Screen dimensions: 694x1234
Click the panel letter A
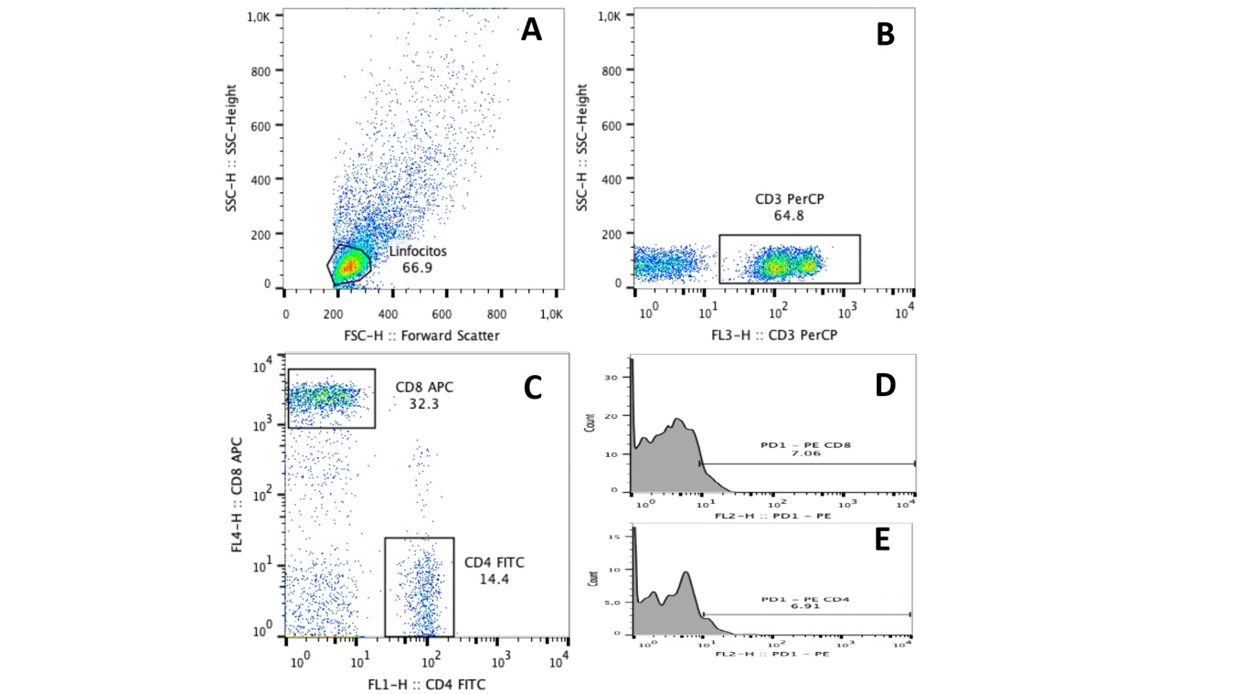531,31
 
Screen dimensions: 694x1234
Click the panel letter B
885,35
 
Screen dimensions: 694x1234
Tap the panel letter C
533,388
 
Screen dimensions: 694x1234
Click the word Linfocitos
417,251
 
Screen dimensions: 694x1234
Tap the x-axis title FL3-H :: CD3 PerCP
775,336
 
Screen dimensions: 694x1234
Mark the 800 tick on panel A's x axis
499,314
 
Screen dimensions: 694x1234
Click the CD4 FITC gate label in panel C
495,562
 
